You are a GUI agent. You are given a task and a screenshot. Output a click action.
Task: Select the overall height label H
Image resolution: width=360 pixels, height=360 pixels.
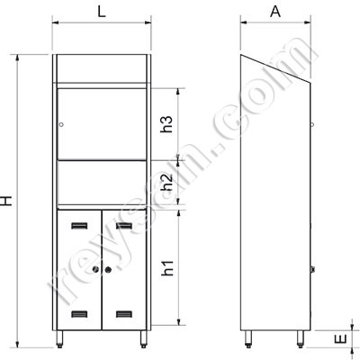click(8, 204)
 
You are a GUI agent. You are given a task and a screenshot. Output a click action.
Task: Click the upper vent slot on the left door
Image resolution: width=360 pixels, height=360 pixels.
click(79, 225)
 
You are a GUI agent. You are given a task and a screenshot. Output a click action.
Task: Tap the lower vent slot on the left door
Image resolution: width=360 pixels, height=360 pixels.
click(79, 315)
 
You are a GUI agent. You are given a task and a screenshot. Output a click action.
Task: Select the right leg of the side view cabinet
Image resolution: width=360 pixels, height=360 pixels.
click(301, 340)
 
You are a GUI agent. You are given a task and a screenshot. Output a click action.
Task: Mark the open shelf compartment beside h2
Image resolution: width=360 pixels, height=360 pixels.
click(102, 184)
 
